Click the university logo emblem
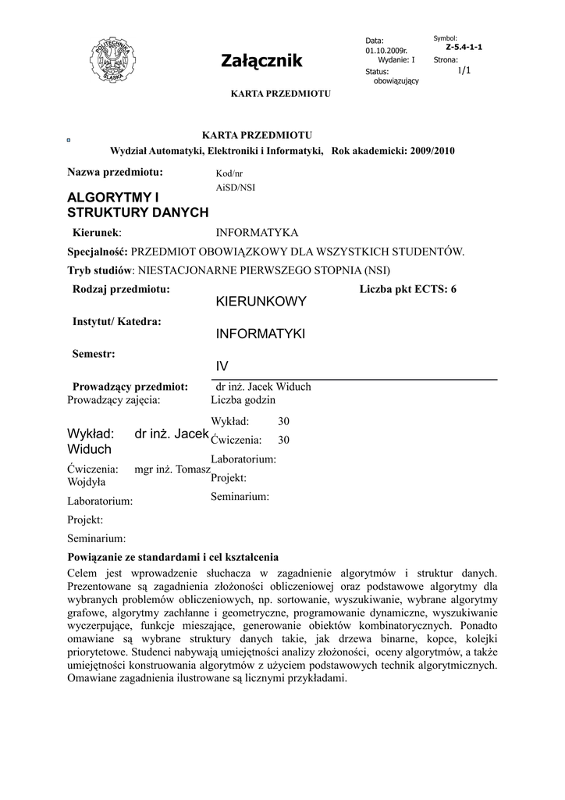[x=114, y=58]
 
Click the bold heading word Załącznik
[x=261, y=61]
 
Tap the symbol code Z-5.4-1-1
[x=464, y=47]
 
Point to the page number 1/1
[x=464, y=70]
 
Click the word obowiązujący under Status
[x=396, y=81]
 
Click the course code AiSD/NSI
[x=235, y=187]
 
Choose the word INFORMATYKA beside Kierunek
[x=257, y=232]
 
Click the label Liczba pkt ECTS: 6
[x=408, y=289]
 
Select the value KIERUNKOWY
[x=261, y=302]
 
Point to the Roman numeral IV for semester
[x=222, y=366]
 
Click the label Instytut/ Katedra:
[x=117, y=321]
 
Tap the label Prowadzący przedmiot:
[x=130, y=386]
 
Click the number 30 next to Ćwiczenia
[x=283, y=440]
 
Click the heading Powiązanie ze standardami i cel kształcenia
[x=172, y=558]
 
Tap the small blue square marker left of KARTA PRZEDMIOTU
[x=69, y=141]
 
